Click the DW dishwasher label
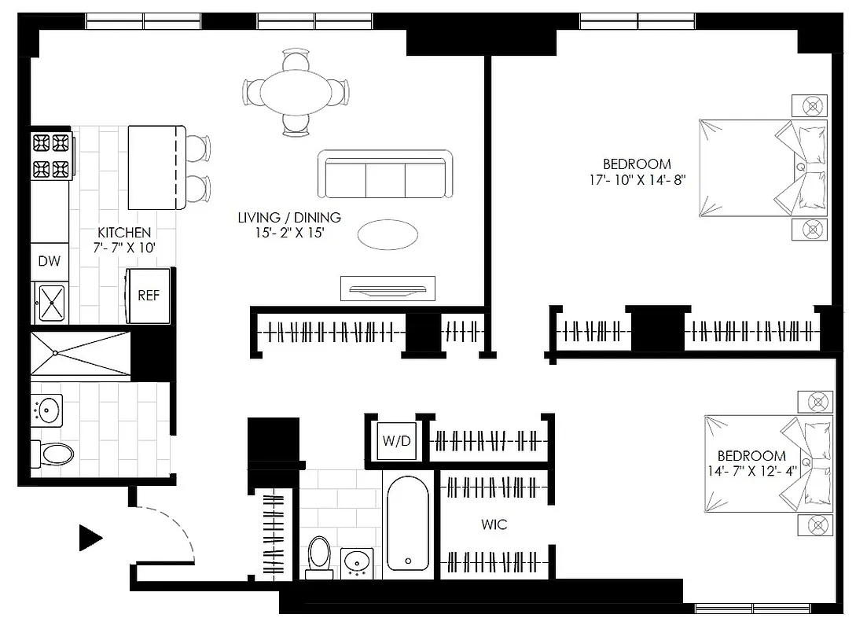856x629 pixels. coord(49,261)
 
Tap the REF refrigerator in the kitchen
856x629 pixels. coord(149,296)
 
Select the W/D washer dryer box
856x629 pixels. coord(396,441)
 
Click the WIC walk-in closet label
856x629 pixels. coord(494,524)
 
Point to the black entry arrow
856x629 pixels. coord(90,538)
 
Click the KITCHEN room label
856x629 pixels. coord(123,233)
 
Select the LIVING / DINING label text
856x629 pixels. coord(289,218)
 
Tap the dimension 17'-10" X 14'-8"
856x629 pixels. coord(636,179)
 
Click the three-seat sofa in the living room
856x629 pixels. coord(385,175)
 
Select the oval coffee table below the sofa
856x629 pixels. coord(388,234)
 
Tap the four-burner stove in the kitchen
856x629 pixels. coord(51,156)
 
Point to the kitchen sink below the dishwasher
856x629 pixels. coord(51,303)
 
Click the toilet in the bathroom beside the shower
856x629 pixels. coord(55,454)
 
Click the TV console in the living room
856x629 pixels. coord(388,289)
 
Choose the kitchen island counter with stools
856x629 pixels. coord(156,167)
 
